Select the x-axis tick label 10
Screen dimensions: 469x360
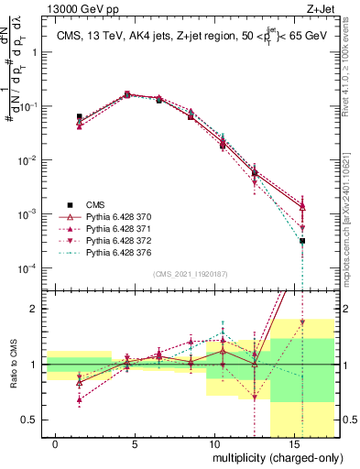tap(213, 444)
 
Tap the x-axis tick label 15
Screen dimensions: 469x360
tap(293, 444)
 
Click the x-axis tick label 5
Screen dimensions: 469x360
tap(136, 444)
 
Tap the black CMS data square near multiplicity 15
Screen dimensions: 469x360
tap(302, 241)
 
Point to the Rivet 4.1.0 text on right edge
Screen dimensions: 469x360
tap(352, 78)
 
